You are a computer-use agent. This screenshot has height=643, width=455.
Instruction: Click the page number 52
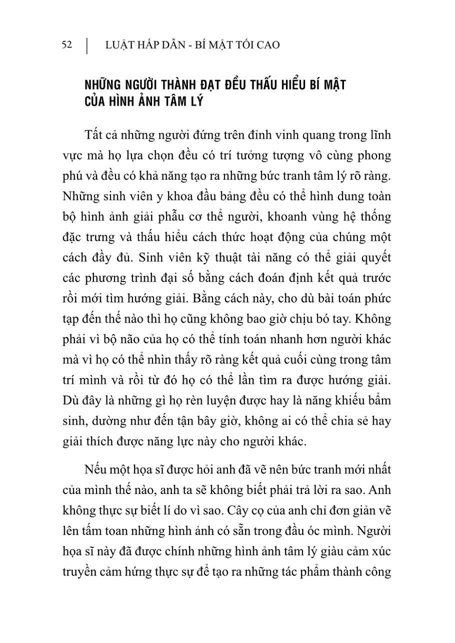(67, 45)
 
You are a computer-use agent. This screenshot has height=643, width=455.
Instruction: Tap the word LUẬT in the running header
(119, 45)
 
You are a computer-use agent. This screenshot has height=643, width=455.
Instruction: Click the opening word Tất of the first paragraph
(94, 135)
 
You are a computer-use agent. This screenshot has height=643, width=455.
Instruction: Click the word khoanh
(267, 217)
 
